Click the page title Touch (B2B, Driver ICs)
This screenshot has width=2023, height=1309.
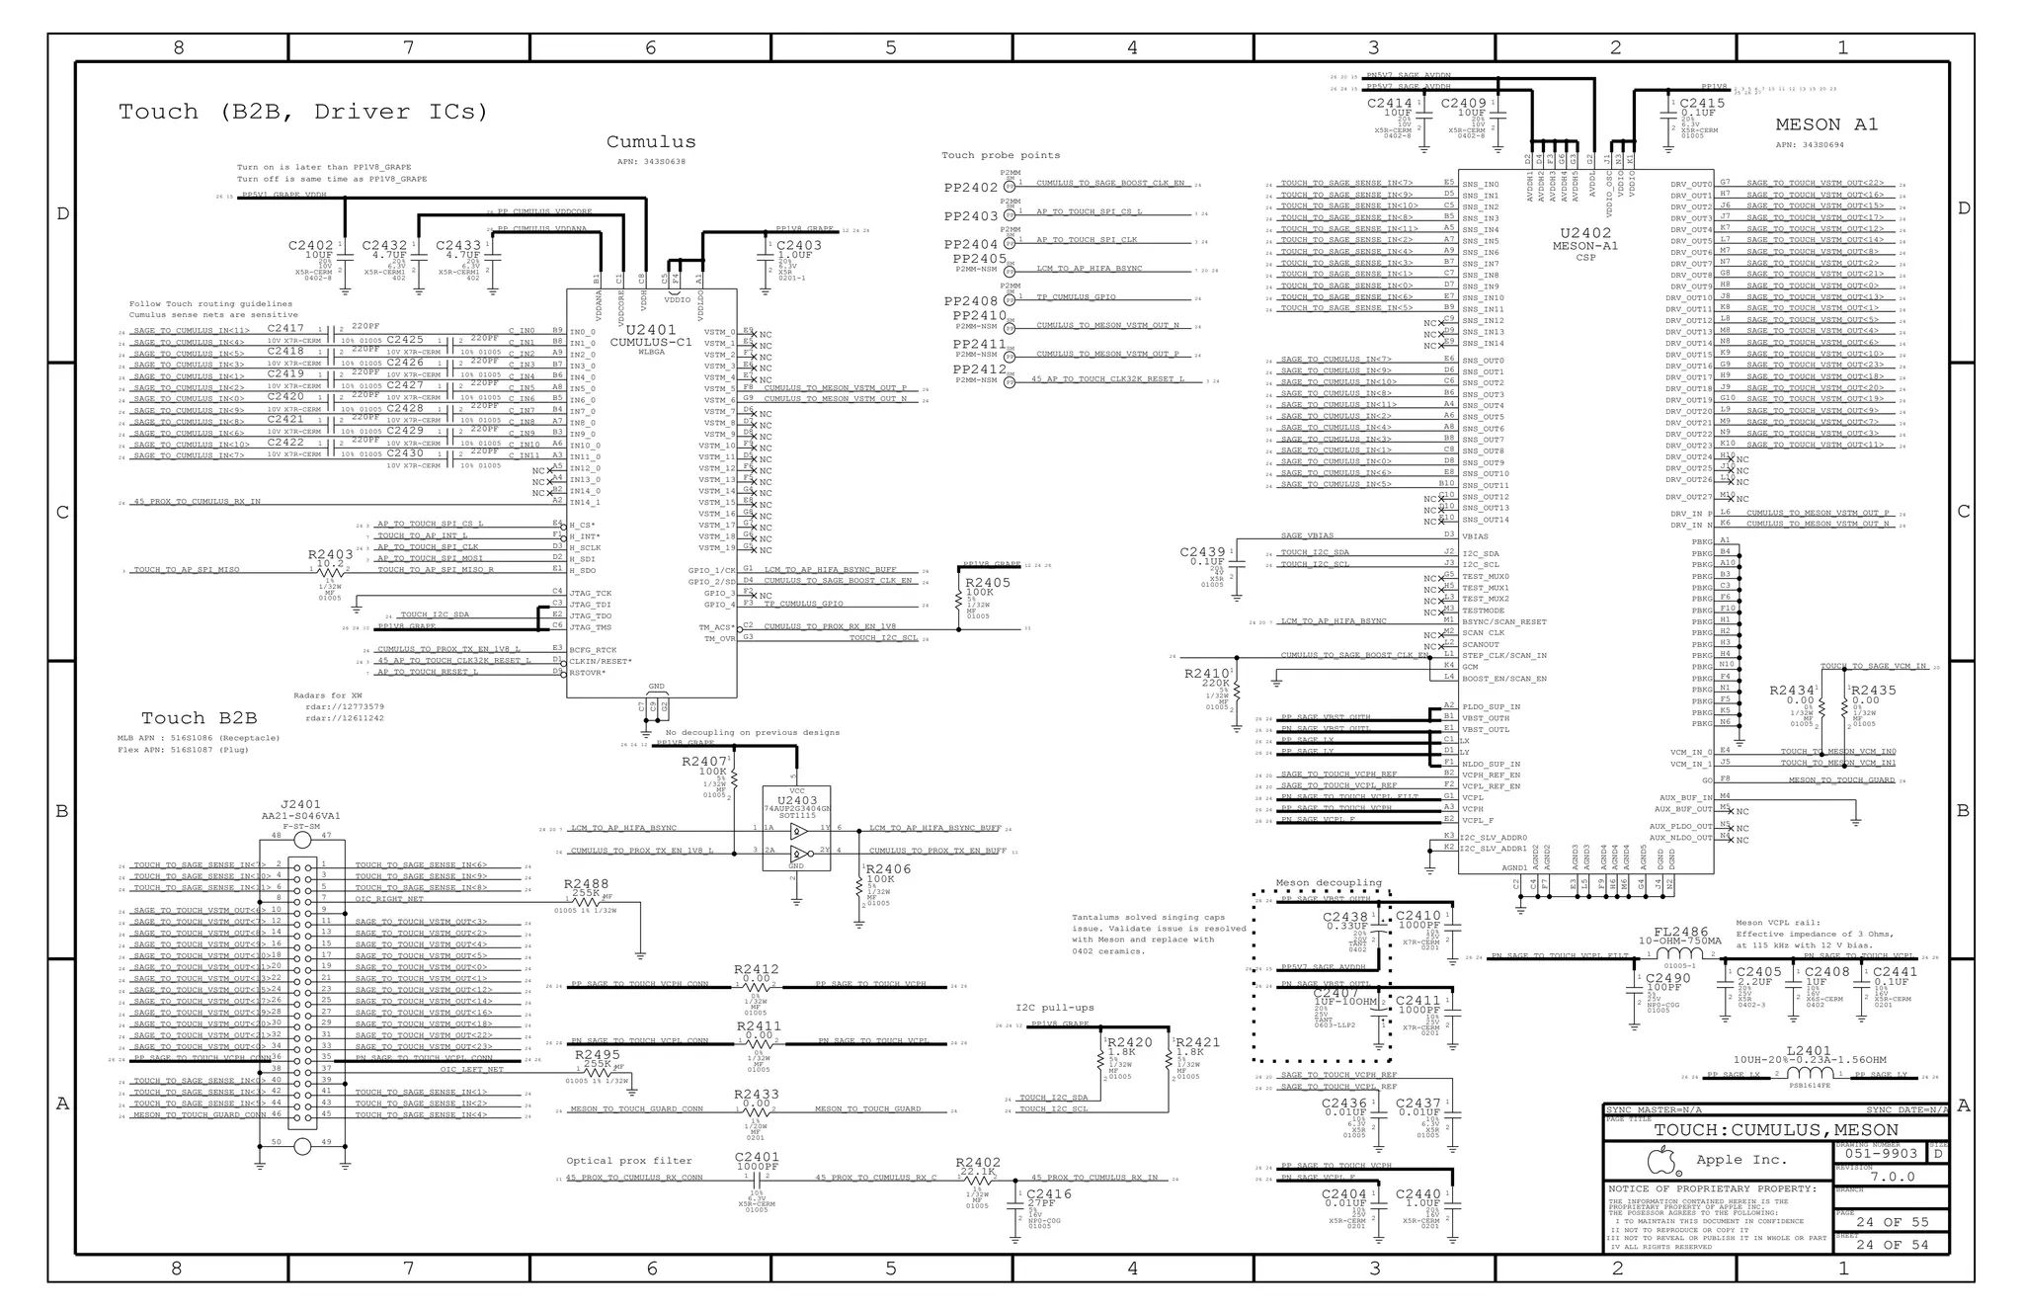[x=303, y=112]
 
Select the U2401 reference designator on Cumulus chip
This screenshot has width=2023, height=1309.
[x=651, y=330]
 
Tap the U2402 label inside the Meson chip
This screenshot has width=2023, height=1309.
[x=1584, y=234]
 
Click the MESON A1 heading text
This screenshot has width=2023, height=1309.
[x=1825, y=124]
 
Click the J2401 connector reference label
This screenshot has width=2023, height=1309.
[x=300, y=804]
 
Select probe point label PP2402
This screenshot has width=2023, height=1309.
[x=970, y=188]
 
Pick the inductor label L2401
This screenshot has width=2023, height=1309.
[x=1809, y=1051]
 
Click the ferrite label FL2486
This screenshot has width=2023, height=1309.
[x=1680, y=931]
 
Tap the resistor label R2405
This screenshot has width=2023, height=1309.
[x=988, y=583]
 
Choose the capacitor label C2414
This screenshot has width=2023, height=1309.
[x=1389, y=103]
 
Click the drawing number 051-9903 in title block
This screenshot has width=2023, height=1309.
[x=1881, y=1153]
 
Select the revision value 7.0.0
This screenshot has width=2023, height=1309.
[x=1892, y=1177]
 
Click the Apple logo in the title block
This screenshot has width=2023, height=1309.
[x=1663, y=1159]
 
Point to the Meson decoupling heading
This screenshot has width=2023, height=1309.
[x=1328, y=882]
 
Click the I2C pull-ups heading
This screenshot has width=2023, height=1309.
[x=1055, y=1008]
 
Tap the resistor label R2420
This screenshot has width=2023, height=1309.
[x=1130, y=1042]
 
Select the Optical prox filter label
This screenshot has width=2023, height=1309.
[x=628, y=1161]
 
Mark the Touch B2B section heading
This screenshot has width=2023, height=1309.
[x=199, y=718]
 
